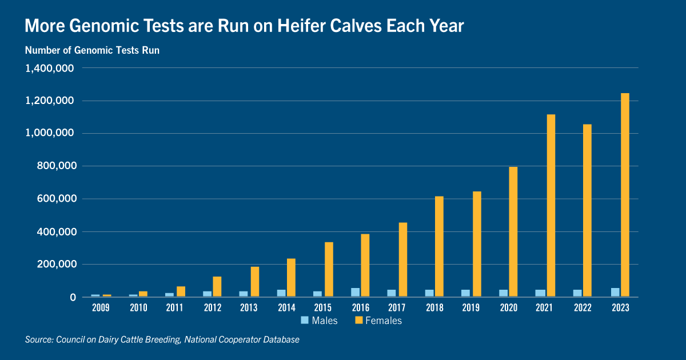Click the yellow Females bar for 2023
pyautogui.click(x=625, y=195)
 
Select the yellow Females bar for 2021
pyautogui.click(x=551, y=205)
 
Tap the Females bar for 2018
pyautogui.click(x=439, y=246)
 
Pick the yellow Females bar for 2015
pyautogui.click(x=329, y=269)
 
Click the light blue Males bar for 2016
pyautogui.click(x=355, y=293)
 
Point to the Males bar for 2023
pyautogui.click(x=615, y=293)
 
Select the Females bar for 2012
pyautogui.click(x=217, y=286)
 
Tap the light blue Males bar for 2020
pyautogui.click(x=503, y=293)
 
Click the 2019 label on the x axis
pyautogui.click(x=470, y=307)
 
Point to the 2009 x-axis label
pyautogui.click(x=101, y=307)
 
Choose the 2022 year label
pyautogui.click(x=583, y=307)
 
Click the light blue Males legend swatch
pyautogui.click(x=304, y=320)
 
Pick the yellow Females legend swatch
pyautogui.click(x=358, y=320)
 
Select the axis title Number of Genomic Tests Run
pyautogui.click(x=92, y=50)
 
